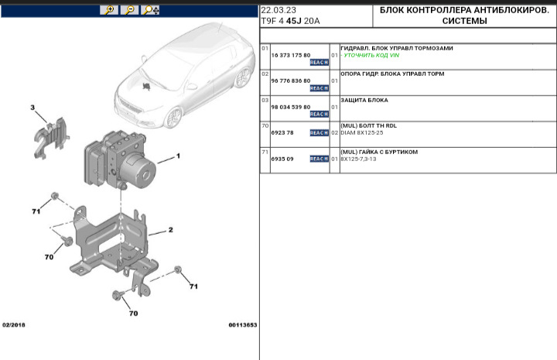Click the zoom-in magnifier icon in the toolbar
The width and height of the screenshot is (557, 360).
(110, 10)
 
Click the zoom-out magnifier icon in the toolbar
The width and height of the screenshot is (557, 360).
(130, 10)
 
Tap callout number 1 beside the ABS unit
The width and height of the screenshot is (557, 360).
(177, 156)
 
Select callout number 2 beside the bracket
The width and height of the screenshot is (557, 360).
(170, 230)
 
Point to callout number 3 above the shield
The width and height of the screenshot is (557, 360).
(32, 107)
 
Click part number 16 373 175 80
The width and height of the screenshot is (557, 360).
(290, 56)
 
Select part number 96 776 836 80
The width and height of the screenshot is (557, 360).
(290, 81)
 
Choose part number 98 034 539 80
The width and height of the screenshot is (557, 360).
(290, 107)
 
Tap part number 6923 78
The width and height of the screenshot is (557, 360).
(282, 132)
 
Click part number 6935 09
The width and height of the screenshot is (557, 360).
(282, 159)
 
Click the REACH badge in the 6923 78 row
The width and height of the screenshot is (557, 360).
(319, 133)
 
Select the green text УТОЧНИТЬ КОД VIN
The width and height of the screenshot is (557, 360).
(371, 56)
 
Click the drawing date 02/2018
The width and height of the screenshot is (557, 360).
(14, 325)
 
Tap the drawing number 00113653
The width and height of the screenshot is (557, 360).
(242, 325)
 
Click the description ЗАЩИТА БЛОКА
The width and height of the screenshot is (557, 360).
(364, 100)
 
